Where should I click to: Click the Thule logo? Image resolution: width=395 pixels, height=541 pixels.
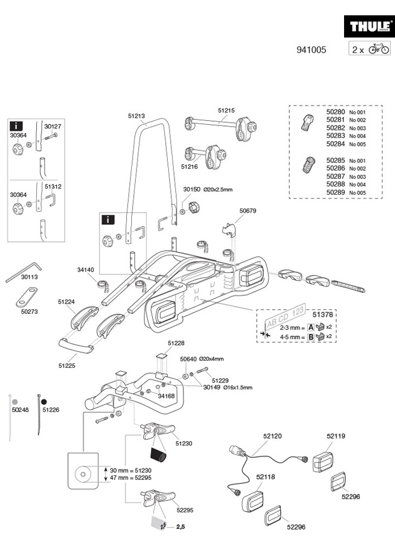tap(369, 26)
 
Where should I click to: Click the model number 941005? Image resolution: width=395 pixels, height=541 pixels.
tap(311, 50)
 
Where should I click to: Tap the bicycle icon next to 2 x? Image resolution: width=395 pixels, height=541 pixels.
tap(379, 48)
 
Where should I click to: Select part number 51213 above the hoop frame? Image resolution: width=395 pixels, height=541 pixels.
tap(136, 116)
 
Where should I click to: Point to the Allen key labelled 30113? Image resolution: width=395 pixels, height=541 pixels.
tap(23, 272)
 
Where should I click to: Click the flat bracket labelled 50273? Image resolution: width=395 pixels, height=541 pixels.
tap(27, 297)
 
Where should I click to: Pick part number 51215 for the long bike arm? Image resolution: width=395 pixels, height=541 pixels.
tap(226, 110)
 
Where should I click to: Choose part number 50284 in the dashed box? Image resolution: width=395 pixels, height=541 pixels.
tap(336, 144)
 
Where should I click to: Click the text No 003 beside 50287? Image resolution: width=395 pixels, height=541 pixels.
tap(357, 177)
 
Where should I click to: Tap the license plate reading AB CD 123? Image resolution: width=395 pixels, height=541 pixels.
tap(285, 316)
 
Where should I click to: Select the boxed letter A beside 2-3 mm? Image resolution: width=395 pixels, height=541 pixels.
tap(311, 327)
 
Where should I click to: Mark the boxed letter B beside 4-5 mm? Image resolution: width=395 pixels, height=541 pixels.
tap(311, 337)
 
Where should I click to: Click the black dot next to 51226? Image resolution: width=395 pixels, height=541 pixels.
tap(44, 402)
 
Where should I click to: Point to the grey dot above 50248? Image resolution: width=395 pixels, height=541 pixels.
tap(15, 402)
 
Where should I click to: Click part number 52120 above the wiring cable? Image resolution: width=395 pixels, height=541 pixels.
tap(273, 436)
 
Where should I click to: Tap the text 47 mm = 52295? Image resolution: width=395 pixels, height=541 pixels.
tap(131, 478)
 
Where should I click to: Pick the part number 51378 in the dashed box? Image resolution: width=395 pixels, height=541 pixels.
tap(323, 314)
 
